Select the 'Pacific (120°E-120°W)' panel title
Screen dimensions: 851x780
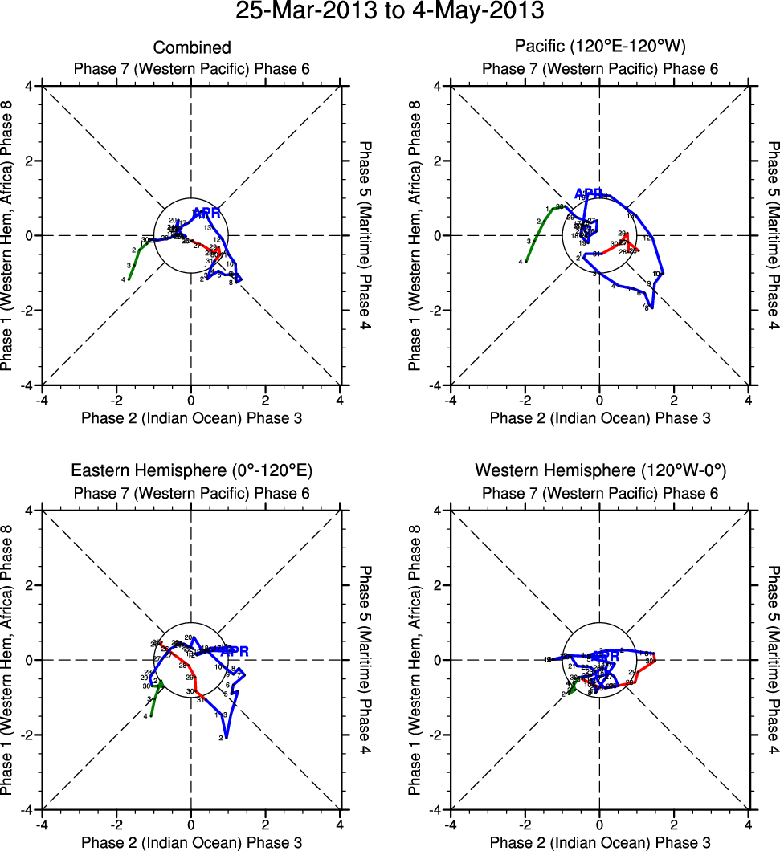(599, 48)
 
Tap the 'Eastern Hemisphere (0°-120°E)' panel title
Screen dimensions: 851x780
(191, 470)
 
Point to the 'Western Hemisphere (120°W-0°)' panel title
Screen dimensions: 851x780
(599, 470)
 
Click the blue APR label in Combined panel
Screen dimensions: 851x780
(206, 213)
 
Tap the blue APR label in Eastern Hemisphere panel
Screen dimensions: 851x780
(235, 650)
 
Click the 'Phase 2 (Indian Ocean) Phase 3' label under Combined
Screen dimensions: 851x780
(191, 417)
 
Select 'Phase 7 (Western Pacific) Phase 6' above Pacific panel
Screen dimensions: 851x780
(599, 68)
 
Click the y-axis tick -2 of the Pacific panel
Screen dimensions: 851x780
(439, 311)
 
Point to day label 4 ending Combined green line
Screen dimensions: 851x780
(124, 279)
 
